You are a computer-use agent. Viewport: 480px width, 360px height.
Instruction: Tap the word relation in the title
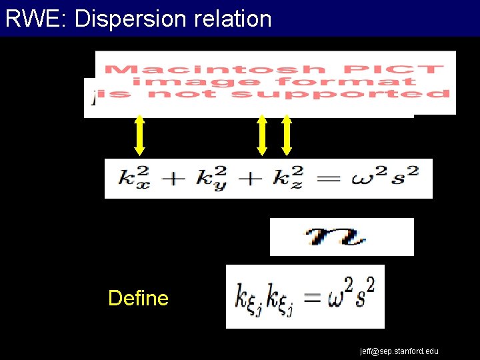click(x=233, y=19)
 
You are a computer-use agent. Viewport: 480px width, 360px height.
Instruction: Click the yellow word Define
click(x=138, y=298)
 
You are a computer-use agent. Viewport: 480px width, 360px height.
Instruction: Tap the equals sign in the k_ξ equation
click(x=312, y=297)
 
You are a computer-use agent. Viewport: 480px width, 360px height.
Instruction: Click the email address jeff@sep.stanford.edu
click(x=399, y=351)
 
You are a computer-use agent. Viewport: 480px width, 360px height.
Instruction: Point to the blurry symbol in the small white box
click(x=341, y=237)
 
